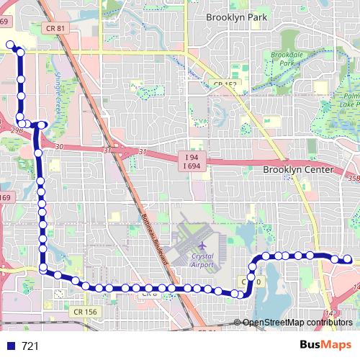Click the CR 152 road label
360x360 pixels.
click(225, 84)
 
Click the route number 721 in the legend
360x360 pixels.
click(30, 346)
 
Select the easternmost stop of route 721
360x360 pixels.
click(347, 259)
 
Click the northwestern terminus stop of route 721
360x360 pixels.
click(11, 45)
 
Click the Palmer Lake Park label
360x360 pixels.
click(351, 102)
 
